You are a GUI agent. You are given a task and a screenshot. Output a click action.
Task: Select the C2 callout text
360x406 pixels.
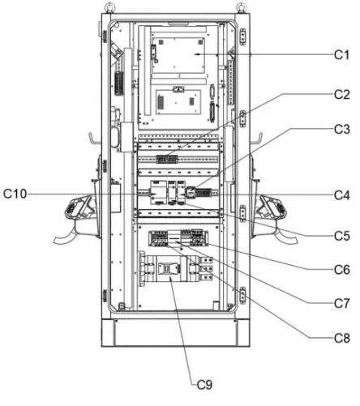341,94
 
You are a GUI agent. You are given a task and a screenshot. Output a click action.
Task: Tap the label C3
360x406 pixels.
341,129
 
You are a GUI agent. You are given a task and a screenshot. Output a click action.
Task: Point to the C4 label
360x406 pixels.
341,194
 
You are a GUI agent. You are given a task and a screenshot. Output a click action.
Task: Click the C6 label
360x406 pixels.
341,269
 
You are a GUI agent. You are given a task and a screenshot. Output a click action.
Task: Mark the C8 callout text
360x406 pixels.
341,336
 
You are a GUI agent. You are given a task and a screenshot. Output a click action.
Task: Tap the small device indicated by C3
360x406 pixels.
191,192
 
